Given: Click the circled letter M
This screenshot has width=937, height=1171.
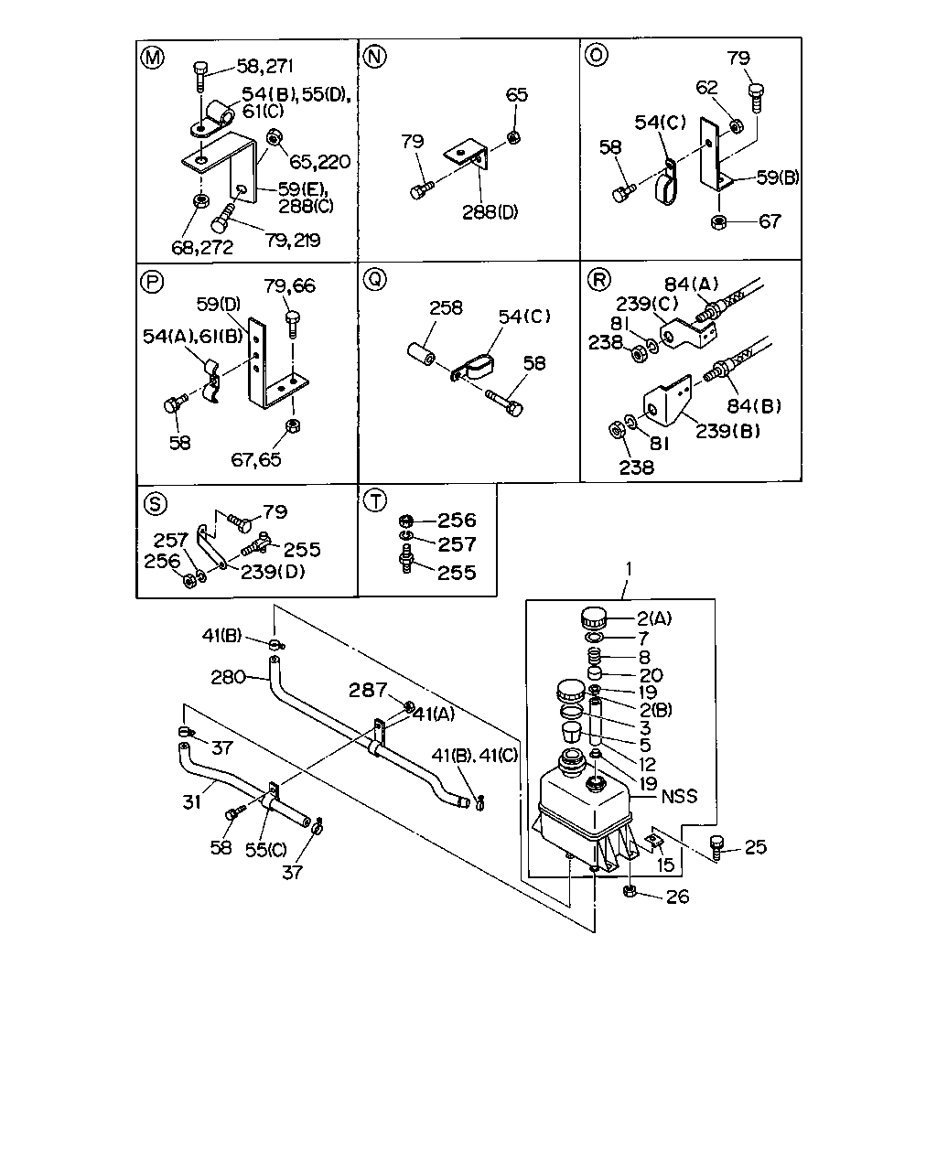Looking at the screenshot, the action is click(153, 57).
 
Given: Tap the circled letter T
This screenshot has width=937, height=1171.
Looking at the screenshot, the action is click(374, 500).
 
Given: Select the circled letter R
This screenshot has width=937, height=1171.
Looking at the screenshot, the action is click(599, 279).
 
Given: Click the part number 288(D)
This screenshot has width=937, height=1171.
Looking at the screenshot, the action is click(490, 212).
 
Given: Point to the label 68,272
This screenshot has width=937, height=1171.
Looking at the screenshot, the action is click(202, 248).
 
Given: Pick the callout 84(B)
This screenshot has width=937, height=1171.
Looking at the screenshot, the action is click(754, 405).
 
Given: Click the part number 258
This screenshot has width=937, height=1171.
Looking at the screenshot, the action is click(446, 308).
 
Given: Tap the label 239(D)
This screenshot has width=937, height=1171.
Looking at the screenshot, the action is click(273, 572).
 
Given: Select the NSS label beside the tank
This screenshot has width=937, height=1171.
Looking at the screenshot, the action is click(679, 797).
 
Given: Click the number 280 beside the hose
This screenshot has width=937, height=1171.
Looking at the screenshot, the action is click(228, 677).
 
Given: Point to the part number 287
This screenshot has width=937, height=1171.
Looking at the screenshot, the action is click(368, 690).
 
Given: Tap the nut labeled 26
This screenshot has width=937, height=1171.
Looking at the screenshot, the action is click(630, 891).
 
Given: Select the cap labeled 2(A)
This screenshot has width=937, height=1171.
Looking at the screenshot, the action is click(594, 618).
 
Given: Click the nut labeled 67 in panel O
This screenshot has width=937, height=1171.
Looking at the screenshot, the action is click(718, 222).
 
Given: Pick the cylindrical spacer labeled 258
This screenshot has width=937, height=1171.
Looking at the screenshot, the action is click(421, 353).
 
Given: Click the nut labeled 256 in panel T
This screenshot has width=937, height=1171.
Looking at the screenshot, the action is click(405, 521).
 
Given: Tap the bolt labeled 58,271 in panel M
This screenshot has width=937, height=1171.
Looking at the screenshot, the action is click(199, 76).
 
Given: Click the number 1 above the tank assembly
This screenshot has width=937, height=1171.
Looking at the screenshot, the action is click(629, 569).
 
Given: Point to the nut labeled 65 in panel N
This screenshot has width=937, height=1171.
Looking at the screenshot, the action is click(512, 137).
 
